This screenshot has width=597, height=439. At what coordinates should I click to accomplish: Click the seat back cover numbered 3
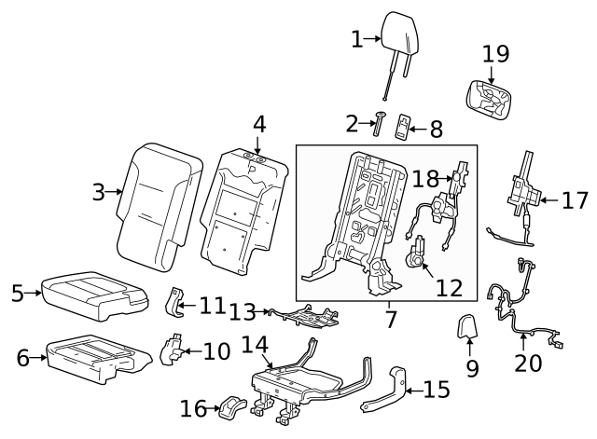click(159, 200)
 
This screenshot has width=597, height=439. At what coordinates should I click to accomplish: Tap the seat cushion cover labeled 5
click(91, 295)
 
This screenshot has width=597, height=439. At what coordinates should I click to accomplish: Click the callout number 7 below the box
click(391, 319)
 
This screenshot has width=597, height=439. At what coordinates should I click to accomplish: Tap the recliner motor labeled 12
click(416, 254)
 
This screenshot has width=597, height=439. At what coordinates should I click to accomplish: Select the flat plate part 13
click(303, 318)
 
